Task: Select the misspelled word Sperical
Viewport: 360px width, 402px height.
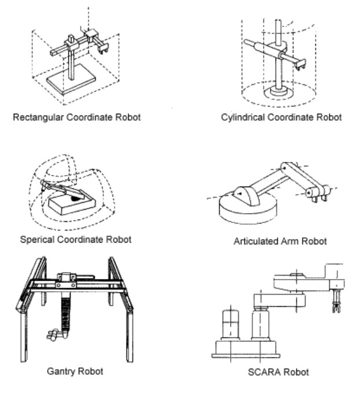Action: click(36, 239)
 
